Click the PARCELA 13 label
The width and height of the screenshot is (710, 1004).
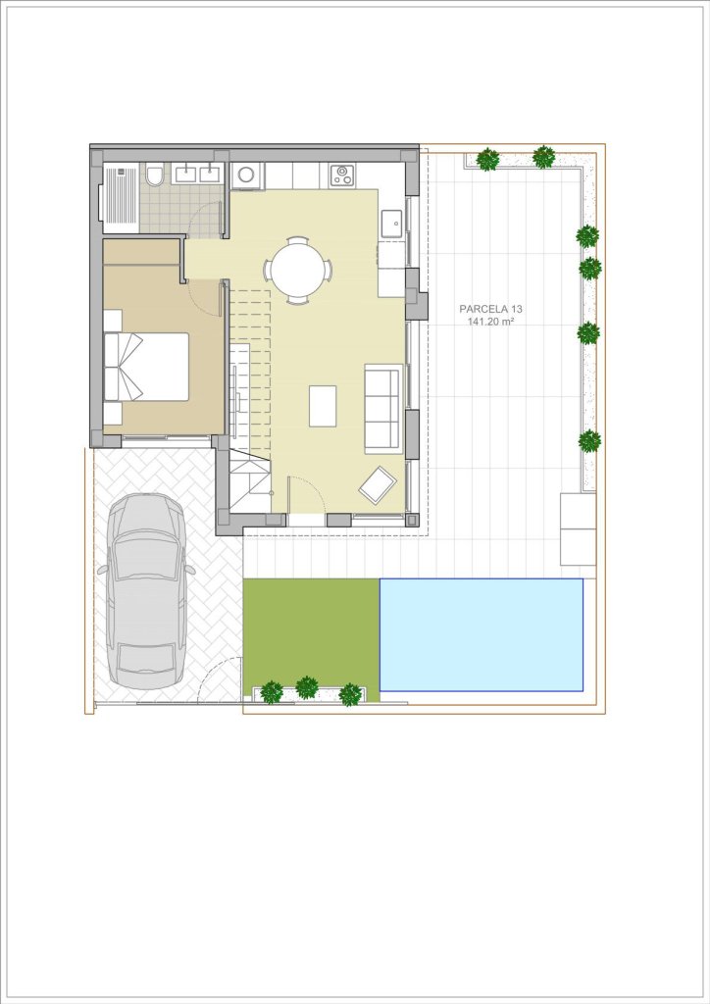point(490,309)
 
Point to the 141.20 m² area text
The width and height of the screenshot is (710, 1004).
point(491,322)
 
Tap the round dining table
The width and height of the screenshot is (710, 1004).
point(298,271)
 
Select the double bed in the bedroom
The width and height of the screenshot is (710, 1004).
point(147,367)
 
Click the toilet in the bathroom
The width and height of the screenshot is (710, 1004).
point(154,176)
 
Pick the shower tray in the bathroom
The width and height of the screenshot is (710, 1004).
point(121,196)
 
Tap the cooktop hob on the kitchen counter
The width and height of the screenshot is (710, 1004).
point(342,176)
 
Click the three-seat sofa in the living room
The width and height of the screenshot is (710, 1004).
point(383,409)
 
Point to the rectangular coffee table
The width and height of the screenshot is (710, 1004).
point(323,406)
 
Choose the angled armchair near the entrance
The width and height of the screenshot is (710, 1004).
point(378,484)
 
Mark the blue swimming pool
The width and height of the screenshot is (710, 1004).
point(482,634)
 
